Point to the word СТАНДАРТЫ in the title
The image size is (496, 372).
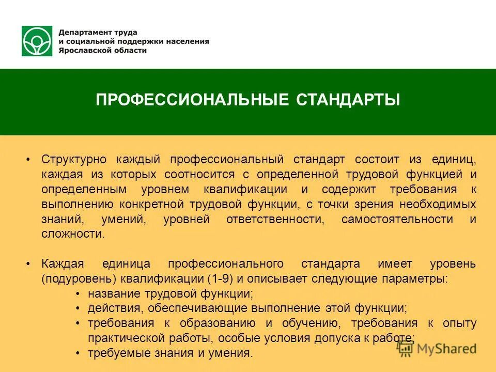(348, 100)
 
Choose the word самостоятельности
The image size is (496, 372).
(397, 219)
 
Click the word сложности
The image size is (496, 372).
(73, 234)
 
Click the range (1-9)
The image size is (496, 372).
(221, 279)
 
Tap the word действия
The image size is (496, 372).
(115, 309)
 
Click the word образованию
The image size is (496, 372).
(218, 324)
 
